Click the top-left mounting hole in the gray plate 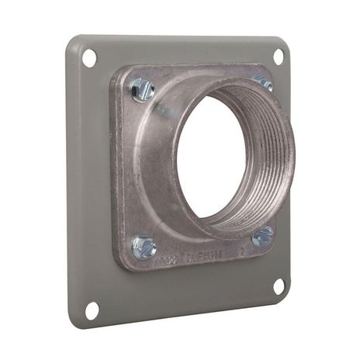(89, 58)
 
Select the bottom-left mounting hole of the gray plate (92, 310)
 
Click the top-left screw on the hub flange (143, 90)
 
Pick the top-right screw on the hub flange (263, 82)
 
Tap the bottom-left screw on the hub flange (144, 247)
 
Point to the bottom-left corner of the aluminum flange (123, 264)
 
